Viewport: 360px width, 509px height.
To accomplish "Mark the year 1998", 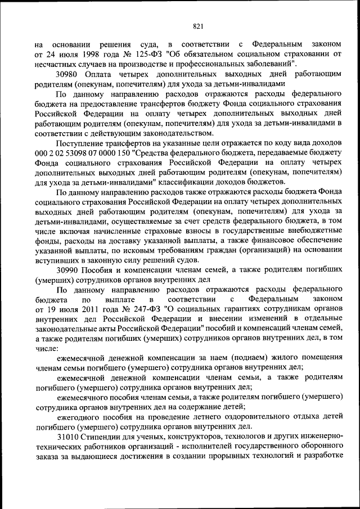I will (89, 55).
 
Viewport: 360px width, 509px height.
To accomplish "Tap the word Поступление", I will (83, 143).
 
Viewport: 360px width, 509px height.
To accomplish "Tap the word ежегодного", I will (80, 416).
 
